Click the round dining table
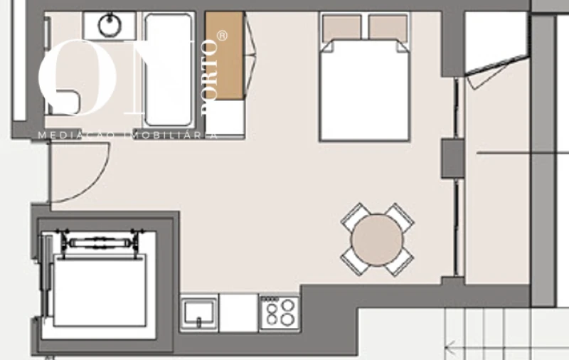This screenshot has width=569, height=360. point(377,240)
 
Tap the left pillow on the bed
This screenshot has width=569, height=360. point(342,28)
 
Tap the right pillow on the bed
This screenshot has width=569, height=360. point(388,28)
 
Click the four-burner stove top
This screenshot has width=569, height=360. point(279,312)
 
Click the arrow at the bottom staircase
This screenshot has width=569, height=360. point(451,349)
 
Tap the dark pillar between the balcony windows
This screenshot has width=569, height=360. point(452,158)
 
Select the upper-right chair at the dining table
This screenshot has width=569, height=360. point(400,216)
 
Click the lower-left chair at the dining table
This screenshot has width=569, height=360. point(353,262)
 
